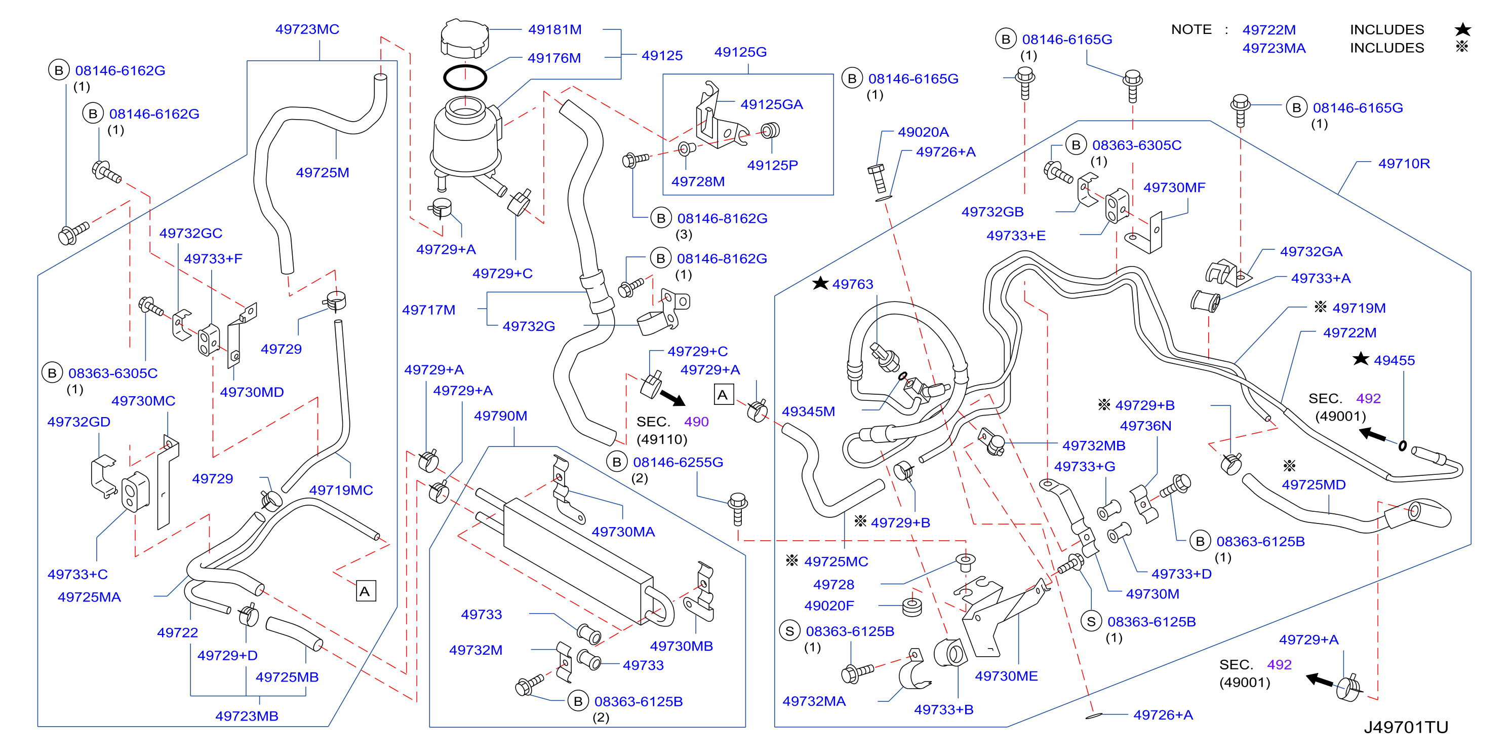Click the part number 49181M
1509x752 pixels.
coord(555,29)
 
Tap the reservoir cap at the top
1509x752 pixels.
coord(464,39)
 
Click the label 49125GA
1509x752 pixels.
coord(772,104)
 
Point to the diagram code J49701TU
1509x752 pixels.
coord(1406,727)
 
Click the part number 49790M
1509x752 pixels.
coord(500,416)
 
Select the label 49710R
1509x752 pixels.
coord(1404,164)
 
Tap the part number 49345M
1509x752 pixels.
coord(808,411)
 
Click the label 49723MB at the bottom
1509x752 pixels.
coord(247,716)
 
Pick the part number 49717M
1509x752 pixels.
coord(429,310)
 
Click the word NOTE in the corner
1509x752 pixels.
coord(1192,29)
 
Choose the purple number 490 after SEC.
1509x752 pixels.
coord(696,422)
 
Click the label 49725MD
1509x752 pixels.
coord(1314,485)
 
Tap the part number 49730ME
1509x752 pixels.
coord(1006,676)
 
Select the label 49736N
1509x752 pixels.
coord(1146,426)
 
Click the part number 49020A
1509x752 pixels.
coord(923,132)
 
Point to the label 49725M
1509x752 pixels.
coord(323,172)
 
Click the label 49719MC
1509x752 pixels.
coord(341,490)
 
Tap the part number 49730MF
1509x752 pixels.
coord(1174,187)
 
